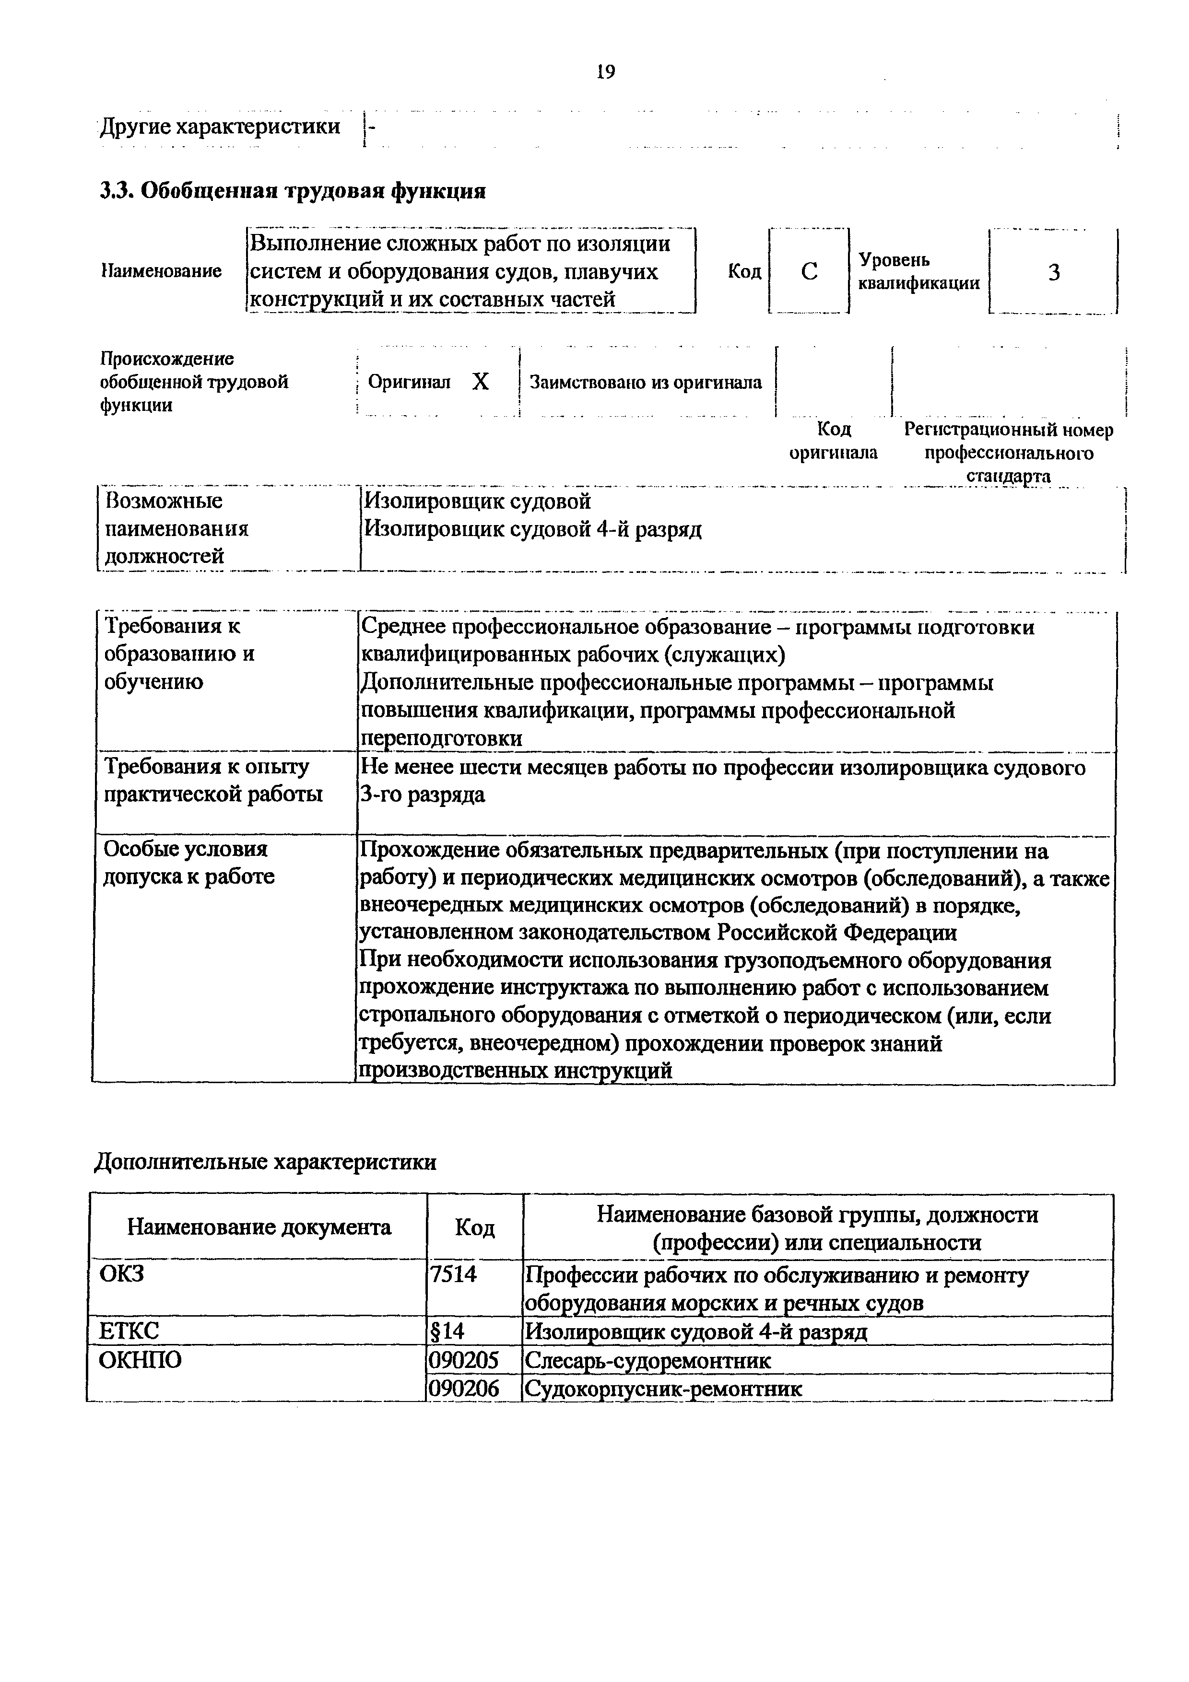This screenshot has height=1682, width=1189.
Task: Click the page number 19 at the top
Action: [606, 72]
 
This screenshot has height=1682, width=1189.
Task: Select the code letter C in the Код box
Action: [809, 272]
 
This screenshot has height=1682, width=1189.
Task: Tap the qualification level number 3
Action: [1053, 272]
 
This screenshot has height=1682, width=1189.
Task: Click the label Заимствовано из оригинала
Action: [646, 383]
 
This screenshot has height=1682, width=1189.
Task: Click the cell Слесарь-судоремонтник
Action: [647, 1361]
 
